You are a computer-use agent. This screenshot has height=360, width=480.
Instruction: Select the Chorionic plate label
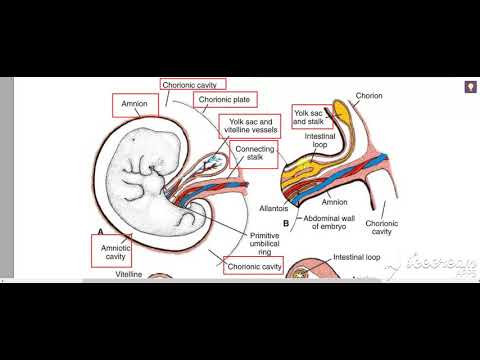[227, 99]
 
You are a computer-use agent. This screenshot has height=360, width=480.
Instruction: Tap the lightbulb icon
[467, 86]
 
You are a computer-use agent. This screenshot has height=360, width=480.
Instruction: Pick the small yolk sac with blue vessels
[213, 162]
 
